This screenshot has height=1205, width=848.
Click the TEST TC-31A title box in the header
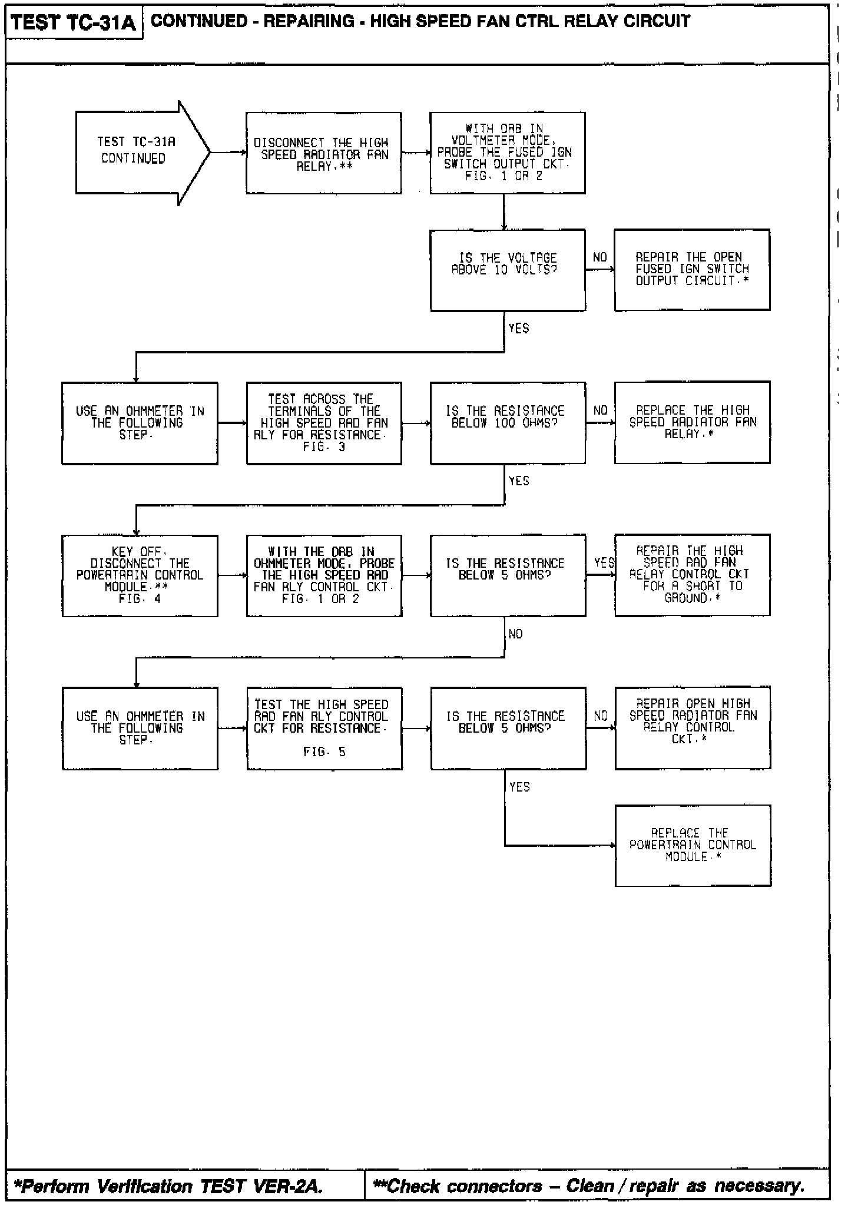[x=74, y=24]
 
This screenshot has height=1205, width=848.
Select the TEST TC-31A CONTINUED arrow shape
[x=138, y=152]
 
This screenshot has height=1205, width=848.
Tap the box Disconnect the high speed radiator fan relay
[x=324, y=153]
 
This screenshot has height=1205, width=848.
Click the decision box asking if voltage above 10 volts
[x=508, y=270]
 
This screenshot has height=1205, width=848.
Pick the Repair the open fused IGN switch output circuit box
[x=692, y=270]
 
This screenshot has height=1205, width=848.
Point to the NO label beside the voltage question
[x=599, y=257]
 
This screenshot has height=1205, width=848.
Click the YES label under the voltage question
[x=518, y=329]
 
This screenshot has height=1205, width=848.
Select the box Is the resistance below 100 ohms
[x=508, y=422]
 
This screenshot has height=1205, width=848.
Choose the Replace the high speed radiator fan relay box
[x=692, y=422]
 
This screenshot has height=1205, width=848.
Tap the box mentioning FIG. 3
[x=324, y=423]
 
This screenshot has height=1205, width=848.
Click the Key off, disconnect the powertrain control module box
[x=140, y=575]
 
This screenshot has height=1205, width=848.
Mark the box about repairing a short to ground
[x=692, y=575]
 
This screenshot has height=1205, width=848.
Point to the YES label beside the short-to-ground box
[x=604, y=562]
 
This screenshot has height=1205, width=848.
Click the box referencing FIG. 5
[x=324, y=728]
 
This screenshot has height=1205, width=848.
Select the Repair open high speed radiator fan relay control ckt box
[x=693, y=727]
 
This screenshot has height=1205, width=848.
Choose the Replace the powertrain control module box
[x=693, y=845]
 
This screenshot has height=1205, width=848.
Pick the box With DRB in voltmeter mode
[x=508, y=153]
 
